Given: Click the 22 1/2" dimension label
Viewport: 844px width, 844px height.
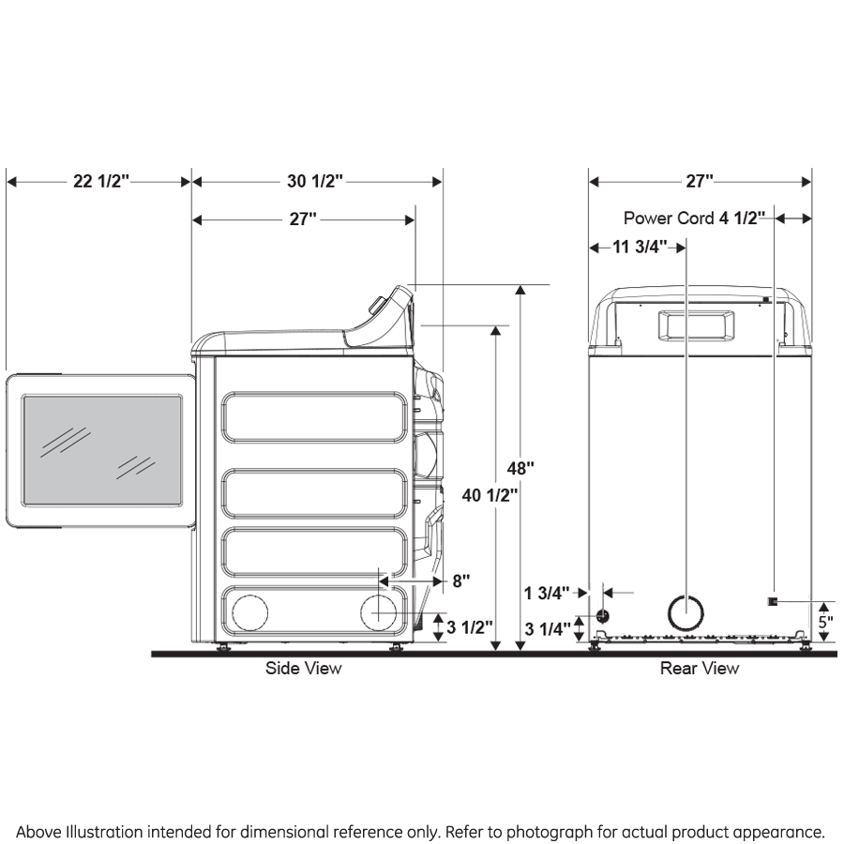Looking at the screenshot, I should point(99,181).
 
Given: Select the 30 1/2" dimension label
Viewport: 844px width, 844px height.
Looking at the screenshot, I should point(315,181).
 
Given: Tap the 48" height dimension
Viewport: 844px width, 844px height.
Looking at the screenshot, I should point(521,467).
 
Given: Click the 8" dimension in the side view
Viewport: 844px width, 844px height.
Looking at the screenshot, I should point(460,580).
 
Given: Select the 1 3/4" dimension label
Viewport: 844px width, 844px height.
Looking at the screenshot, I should point(547,593).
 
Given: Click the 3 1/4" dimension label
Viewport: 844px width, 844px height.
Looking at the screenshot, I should point(547,628).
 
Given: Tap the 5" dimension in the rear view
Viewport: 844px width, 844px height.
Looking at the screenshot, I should point(824,621).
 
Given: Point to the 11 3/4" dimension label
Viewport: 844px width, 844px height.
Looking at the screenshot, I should point(640,247).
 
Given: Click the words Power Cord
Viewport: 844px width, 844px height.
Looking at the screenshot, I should point(670,219).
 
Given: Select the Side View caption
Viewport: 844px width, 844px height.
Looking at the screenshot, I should point(303,669).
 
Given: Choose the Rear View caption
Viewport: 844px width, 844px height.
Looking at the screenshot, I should point(699,669).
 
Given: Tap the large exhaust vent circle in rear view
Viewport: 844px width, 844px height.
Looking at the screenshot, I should point(685,612).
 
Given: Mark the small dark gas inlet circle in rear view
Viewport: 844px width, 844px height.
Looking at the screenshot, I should point(601,615).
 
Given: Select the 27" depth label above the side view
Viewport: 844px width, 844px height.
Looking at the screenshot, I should point(302,219).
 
